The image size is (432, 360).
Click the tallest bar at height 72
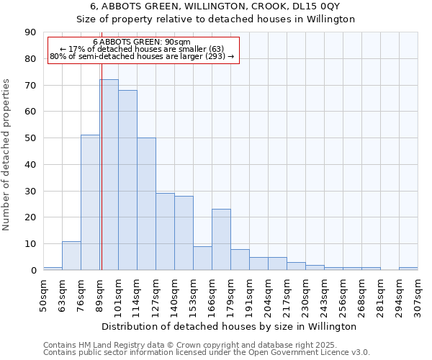point(109,175)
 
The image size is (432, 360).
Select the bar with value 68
point(127,180)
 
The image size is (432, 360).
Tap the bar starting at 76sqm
point(90,202)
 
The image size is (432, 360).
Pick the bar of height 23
point(221,240)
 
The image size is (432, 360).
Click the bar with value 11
point(71,256)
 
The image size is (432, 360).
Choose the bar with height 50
point(146,204)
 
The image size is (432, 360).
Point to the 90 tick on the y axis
point(30,32)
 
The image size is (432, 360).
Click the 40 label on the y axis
point(30,165)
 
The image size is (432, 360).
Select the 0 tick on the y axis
point(32,271)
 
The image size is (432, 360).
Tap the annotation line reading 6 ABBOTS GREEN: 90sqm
point(142,42)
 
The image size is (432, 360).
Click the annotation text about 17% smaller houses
point(142,49)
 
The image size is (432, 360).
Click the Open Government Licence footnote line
point(207,353)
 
